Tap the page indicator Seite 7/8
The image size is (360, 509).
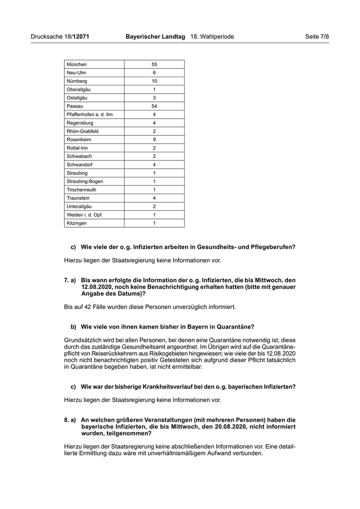(317, 37)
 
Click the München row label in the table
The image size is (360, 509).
(77, 64)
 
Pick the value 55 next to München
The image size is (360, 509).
(154, 64)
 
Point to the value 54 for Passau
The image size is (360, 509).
(154, 106)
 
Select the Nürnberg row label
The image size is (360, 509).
(77, 81)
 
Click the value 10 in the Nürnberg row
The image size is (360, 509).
(154, 81)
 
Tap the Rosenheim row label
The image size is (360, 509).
(79, 139)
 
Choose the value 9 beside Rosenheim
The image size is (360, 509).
(154, 139)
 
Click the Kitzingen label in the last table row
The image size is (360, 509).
(77, 223)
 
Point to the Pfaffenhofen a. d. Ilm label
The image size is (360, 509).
(89, 114)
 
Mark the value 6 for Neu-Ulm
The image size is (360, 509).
(154, 72)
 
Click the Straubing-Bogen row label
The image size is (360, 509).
(85, 181)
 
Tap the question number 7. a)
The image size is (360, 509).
(70, 280)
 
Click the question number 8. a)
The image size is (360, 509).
(70, 420)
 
